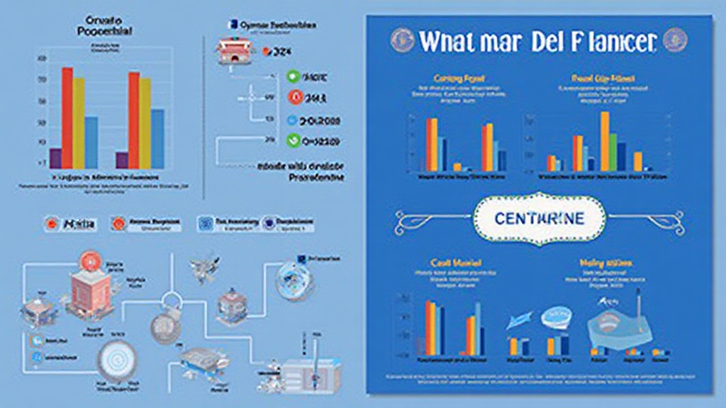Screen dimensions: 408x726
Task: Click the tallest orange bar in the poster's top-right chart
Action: coord(605,142)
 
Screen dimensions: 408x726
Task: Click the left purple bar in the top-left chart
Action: coord(55,158)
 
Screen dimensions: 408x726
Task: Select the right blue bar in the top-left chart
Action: coord(157,138)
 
